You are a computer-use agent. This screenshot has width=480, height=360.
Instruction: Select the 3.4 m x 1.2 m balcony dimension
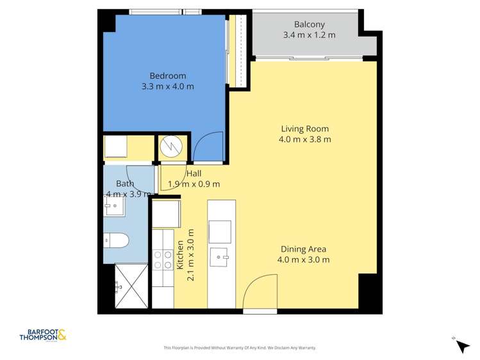[309, 35]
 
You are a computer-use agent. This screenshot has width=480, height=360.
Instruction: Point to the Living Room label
[305, 128]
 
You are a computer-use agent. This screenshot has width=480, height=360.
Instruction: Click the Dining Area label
[304, 249]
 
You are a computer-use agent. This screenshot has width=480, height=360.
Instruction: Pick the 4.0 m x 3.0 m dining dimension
[304, 259]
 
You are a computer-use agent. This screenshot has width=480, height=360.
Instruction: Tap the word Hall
[194, 174]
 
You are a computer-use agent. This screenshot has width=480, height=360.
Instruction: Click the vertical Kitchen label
[181, 255]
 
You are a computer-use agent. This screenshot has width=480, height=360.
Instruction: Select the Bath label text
[125, 183]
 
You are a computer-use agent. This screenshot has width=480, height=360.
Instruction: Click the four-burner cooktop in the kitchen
[162, 258]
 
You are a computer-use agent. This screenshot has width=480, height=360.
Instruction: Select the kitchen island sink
[221, 258]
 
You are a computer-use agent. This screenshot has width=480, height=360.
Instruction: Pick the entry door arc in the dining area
[259, 291]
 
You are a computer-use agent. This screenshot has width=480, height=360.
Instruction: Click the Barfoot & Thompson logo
[43, 334]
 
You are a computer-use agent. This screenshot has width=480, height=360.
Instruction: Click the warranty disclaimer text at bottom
[240, 348]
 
